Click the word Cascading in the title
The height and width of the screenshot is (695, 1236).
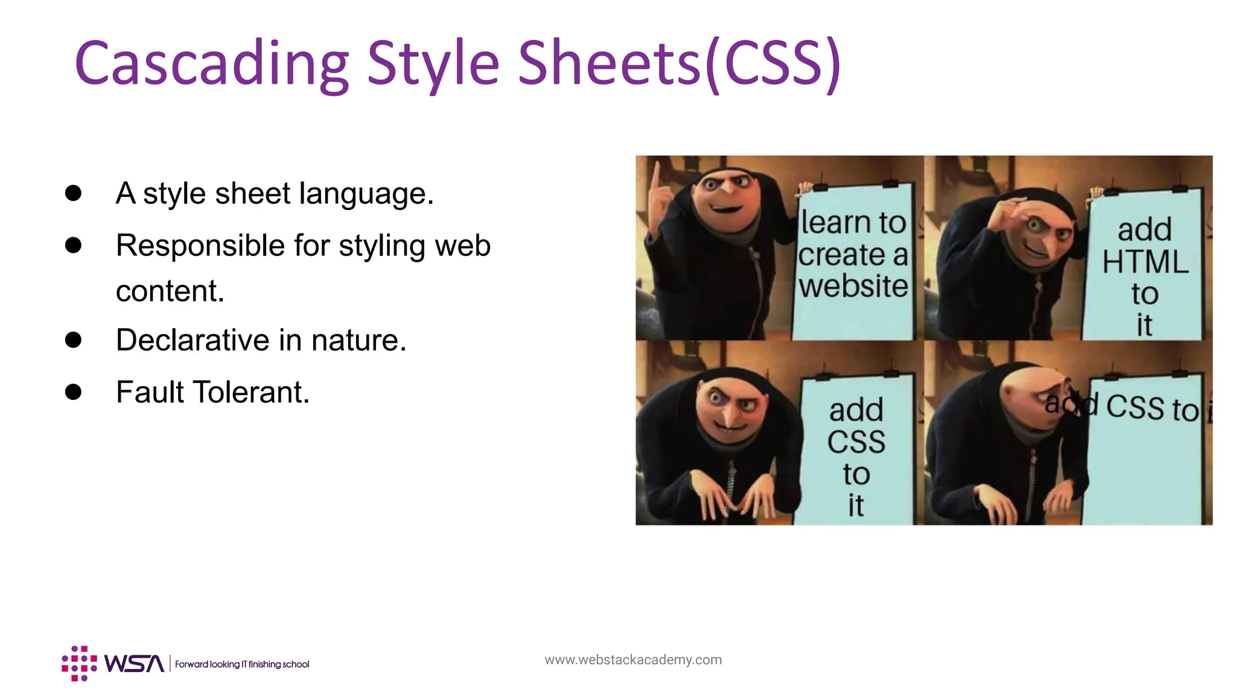click(x=211, y=63)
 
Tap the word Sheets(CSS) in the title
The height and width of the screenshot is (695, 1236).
click(x=679, y=63)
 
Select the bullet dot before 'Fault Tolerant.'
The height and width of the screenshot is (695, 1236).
click(x=73, y=392)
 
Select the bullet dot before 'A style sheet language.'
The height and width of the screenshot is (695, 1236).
click(x=73, y=193)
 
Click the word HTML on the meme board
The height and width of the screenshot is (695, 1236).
click(x=1145, y=262)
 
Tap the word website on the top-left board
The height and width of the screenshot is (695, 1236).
click(x=853, y=286)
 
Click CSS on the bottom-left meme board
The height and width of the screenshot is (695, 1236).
click(x=856, y=442)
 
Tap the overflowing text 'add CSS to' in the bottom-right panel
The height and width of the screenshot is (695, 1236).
click(x=1123, y=407)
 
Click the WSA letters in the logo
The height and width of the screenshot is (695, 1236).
click(x=134, y=664)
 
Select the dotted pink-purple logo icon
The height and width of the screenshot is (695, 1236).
click(x=79, y=664)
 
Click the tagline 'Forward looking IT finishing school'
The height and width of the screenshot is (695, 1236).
click(x=242, y=664)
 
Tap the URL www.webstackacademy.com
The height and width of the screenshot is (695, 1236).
click(x=632, y=659)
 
